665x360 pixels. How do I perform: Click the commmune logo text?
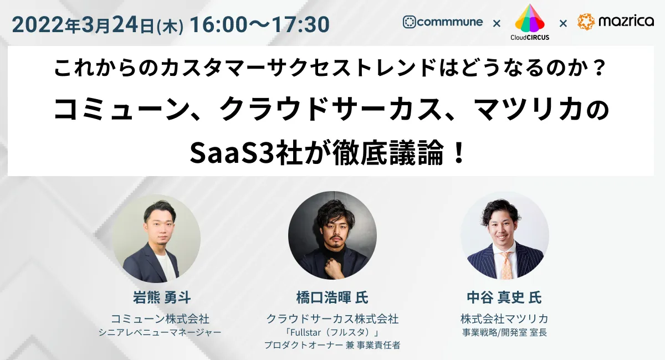pos(450,22)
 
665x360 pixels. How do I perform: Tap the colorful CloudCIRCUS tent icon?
pos(530,18)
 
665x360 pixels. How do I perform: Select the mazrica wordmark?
pos(626,21)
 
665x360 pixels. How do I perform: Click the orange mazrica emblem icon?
pos(586,22)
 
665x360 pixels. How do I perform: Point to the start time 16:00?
pos(218,24)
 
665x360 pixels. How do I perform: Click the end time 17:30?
pos(300,24)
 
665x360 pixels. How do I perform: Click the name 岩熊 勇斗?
pos(162,297)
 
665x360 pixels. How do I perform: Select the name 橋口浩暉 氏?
pos(332,297)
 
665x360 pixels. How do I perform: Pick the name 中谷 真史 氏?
pos(504,297)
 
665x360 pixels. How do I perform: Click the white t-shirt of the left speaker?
pos(165,266)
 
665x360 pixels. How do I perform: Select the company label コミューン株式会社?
pos(160,319)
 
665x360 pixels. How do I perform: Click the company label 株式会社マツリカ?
pos(504,319)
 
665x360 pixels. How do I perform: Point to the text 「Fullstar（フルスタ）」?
pos(332,332)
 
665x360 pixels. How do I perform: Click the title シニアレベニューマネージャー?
pos(160,332)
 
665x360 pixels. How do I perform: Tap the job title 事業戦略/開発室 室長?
pos(504,332)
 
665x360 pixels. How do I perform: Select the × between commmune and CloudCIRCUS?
pos(497,23)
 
